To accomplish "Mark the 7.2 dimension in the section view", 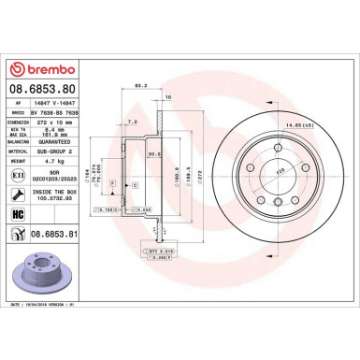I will pyautogui.click(x=134, y=122).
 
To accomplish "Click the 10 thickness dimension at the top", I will pyautogui.click(x=167, y=97).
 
